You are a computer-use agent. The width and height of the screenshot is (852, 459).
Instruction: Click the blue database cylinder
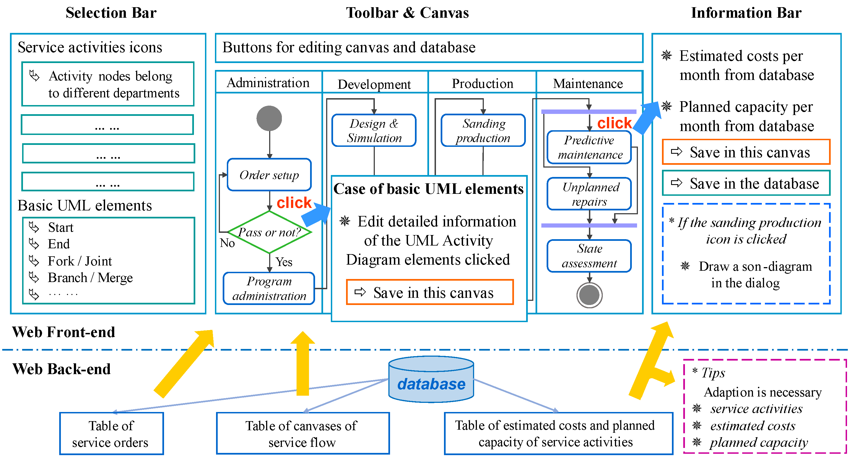pyautogui.click(x=431, y=379)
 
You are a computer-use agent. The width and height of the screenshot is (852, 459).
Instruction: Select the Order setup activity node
pyautogui.click(x=269, y=174)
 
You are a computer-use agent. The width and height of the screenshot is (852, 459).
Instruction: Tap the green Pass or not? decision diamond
pyautogui.click(x=269, y=232)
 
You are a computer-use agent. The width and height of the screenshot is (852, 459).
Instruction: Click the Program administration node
pyautogui.click(x=269, y=288)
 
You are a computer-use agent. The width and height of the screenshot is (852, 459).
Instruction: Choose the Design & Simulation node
pyautogui.click(x=374, y=130)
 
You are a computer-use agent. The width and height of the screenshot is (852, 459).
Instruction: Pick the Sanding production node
pyautogui.click(x=483, y=130)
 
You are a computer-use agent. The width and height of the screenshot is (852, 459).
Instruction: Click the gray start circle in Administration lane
pyautogui.click(x=269, y=118)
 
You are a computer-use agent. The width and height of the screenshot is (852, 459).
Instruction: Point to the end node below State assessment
pyautogui.click(x=589, y=295)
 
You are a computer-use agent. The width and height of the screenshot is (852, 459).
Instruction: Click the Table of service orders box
pyautogui.click(x=111, y=434)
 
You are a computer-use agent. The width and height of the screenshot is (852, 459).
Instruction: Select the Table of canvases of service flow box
pyautogui.click(x=303, y=434)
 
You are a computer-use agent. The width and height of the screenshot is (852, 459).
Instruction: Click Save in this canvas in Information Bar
pyautogui.click(x=746, y=152)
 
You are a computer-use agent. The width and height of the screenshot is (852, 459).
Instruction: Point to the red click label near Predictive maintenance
pyautogui.click(x=614, y=123)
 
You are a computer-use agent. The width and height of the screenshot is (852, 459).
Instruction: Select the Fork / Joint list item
pyautogui.click(x=80, y=261)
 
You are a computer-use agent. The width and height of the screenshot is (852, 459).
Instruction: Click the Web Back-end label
pyautogui.click(x=61, y=369)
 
